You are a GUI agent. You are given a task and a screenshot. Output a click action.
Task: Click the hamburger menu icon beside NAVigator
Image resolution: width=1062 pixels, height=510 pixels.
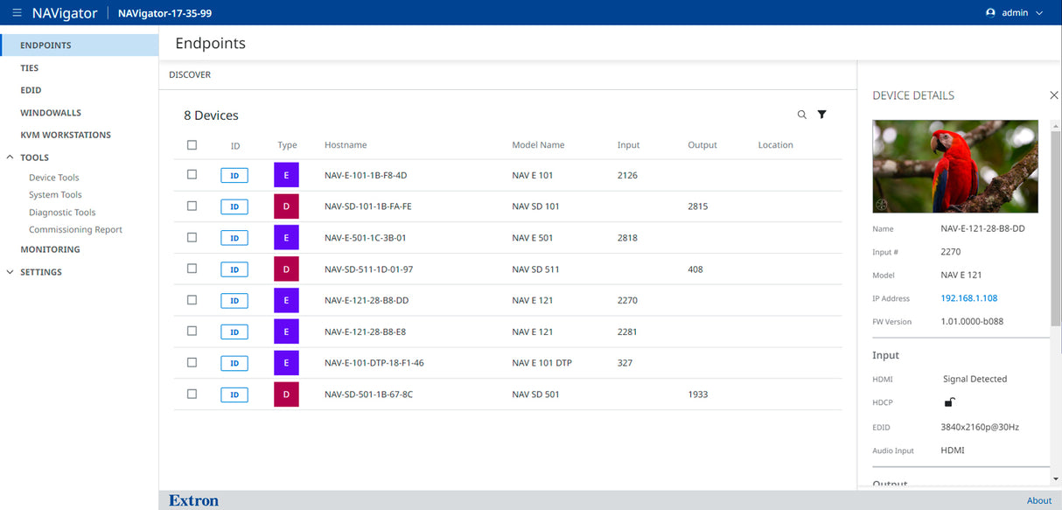[x=17, y=13]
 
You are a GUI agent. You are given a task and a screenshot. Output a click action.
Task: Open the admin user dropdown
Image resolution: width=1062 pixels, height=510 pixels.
[x=1014, y=13]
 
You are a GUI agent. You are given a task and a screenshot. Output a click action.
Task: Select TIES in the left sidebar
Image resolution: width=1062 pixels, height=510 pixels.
[x=30, y=67]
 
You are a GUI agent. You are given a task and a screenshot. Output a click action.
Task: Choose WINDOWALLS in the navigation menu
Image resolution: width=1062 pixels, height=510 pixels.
[x=51, y=113]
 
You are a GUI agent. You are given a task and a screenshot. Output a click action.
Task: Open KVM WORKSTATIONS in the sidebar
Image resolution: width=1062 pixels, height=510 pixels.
[x=66, y=135]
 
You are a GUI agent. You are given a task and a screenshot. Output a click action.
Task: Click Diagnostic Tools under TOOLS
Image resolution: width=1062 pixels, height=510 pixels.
[x=62, y=213]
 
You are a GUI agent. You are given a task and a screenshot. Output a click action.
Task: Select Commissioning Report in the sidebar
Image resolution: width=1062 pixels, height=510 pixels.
[x=75, y=230]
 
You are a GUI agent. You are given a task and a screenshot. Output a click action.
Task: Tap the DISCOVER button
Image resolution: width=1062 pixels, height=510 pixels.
[x=190, y=74]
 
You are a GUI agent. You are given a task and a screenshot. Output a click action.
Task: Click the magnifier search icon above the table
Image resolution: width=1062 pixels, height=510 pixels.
[x=802, y=115]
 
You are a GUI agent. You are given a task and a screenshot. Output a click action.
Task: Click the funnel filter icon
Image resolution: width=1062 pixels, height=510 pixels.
[x=822, y=115]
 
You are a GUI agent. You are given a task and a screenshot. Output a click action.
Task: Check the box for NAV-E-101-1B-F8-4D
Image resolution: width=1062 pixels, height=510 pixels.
[x=192, y=175]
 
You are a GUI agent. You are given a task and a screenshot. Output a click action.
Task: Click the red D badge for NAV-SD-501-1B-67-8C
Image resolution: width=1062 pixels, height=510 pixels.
[x=286, y=395]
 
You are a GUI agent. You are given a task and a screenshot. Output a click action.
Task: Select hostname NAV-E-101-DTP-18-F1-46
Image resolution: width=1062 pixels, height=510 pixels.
[x=374, y=363]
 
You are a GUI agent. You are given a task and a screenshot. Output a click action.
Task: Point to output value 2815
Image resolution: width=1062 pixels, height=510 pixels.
[x=697, y=206]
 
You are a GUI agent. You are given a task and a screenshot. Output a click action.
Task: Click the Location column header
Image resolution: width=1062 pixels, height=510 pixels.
[x=775, y=145]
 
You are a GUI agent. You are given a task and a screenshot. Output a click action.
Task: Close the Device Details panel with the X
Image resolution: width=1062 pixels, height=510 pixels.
[x=1053, y=95]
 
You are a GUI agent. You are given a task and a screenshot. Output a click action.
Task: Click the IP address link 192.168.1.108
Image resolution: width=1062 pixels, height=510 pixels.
[x=968, y=298]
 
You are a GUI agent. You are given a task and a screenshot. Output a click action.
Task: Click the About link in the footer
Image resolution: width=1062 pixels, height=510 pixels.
[x=1038, y=501]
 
